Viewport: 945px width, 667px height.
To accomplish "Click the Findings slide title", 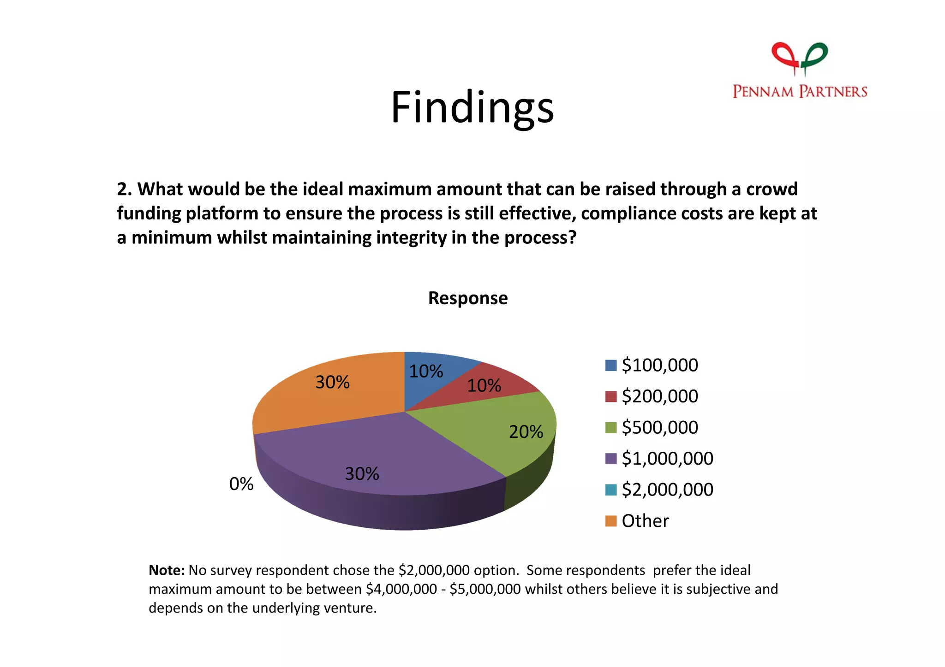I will pyautogui.click(x=472, y=108).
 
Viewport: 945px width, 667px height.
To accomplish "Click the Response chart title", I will pyautogui.click(x=467, y=298).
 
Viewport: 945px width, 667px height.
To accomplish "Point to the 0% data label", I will pyautogui.click(x=241, y=484).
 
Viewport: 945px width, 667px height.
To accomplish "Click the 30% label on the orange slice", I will pyautogui.click(x=332, y=382).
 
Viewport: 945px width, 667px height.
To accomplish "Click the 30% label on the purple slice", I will pyautogui.click(x=362, y=474).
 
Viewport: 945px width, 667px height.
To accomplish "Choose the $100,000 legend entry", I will pyautogui.click(x=659, y=365).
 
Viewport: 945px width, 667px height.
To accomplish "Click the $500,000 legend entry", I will pyautogui.click(x=659, y=427).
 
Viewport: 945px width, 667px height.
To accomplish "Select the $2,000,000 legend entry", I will pyautogui.click(x=667, y=490).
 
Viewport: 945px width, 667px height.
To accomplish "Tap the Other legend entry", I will pyautogui.click(x=645, y=521).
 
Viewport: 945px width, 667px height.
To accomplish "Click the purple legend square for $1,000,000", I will pyautogui.click(x=610, y=459).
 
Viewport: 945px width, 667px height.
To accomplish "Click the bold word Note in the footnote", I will pyautogui.click(x=166, y=570).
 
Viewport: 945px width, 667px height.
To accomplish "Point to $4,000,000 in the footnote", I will pyautogui.click(x=401, y=589).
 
